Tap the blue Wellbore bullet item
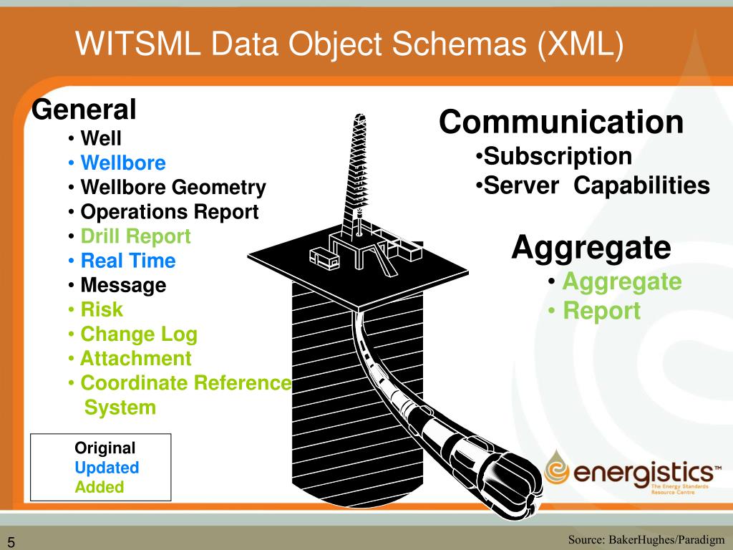coord(122,163)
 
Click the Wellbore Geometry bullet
coord(173,188)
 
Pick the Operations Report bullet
coord(169,212)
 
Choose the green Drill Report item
coord(135,236)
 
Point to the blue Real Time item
coord(127,261)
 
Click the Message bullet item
coord(122,285)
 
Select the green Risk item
coord(101,309)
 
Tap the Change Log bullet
coord(138,334)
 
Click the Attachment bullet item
coord(135,358)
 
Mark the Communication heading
coord(561,122)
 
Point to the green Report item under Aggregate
coord(601,311)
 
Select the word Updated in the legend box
coord(107,468)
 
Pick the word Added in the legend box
coord(99,487)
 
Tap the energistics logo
coord(631,473)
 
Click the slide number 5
coord(12,541)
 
